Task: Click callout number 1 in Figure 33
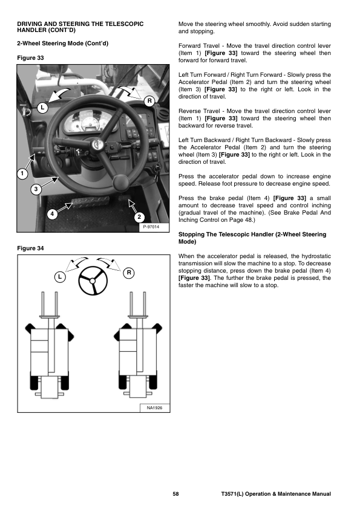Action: pyautogui.click(x=22, y=173)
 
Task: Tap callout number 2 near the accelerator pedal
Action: pyautogui.click(x=139, y=217)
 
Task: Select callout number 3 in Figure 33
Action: pyautogui.click(x=36, y=189)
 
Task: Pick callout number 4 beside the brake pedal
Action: pyautogui.click(x=52, y=214)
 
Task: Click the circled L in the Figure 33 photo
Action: pyautogui.click(x=42, y=108)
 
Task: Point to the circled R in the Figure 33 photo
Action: pyautogui.click(x=149, y=101)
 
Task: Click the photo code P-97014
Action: pyautogui.click(x=151, y=227)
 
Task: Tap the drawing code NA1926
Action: pyautogui.click(x=154, y=407)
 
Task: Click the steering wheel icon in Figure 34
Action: pyautogui.click(x=93, y=280)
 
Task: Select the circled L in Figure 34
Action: pyautogui.click(x=60, y=277)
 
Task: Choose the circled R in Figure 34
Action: pyautogui.click(x=129, y=273)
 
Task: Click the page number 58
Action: pyautogui.click(x=176, y=494)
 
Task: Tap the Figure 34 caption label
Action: pyautogui.click(x=30, y=248)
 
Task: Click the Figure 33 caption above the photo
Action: pyautogui.click(x=30, y=58)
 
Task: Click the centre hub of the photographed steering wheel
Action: pyautogui.click(x=96, y=143)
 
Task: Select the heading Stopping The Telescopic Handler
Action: pyautogui.click(x=252, y=238)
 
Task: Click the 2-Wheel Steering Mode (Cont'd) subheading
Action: pyautogui.click(x=63, y=44)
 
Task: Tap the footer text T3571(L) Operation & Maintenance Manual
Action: pyautogui.click(x=276, y=494)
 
